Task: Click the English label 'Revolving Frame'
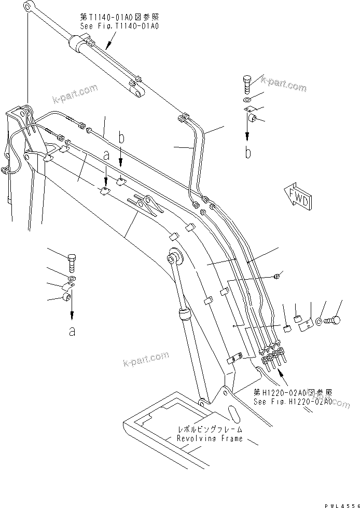pyautogui.click(x=209, y=438)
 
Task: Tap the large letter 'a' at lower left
pyautogui.click(x=72, y=331)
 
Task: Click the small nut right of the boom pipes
pyautogui.click(x=280, y=274)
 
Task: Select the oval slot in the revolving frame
pyautogui.click(x=234, y=415)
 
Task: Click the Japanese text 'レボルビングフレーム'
pyautogui.click(x=209, y=430)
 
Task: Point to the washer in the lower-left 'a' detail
pyautogui.click(x=71, y=279)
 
